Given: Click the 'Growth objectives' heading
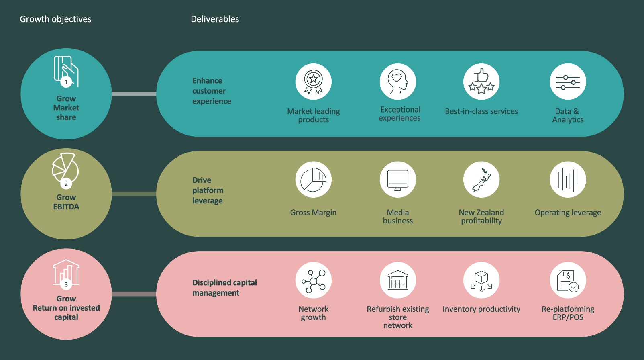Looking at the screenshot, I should pos(55,19).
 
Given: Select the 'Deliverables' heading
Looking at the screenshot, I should pos(215,19).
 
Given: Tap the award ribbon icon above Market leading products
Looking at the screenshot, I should pos(314,82).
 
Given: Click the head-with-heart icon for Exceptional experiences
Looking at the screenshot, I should pos(398,82).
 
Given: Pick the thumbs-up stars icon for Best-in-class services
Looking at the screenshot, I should pos(481,82).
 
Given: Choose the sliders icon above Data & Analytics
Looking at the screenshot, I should pos(568,82).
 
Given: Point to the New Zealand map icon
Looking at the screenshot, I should pos(481,180).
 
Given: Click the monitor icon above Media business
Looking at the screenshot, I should pos(398,180).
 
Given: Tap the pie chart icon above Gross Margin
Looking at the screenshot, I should pos(314,180).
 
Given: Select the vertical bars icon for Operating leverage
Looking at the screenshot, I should pos(568,180).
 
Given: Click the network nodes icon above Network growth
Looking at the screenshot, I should pos(314,280).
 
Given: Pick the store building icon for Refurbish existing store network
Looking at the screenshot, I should pos(398,280).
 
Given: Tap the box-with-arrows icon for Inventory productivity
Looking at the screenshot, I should pos(481,280).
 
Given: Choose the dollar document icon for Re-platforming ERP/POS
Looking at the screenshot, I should pos(568,280).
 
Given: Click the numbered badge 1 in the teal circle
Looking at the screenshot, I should pos(66,82).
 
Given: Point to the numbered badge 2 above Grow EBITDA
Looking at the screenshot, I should pos(66,184).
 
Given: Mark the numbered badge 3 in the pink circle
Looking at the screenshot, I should pos(66,284).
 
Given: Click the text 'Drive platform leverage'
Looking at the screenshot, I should pos(208,190).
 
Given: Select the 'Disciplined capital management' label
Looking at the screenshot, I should pos(224,288).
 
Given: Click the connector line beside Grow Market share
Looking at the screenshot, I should pos(134,94).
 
